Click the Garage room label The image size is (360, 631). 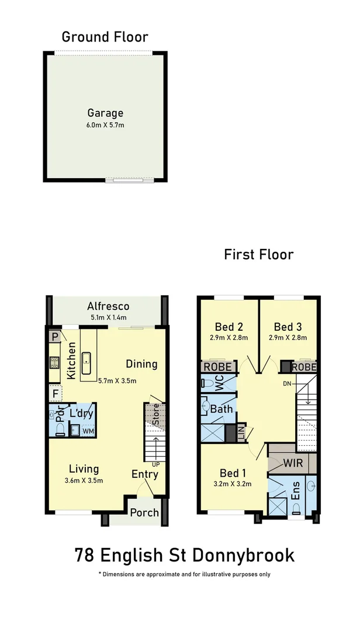pos(105,113)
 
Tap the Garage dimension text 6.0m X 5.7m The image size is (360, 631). pos(105,125)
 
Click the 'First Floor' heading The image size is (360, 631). pos(258,254)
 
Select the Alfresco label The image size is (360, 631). pos(108,306)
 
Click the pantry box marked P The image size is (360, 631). pos(55,337)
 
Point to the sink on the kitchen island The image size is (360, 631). pos(87,363)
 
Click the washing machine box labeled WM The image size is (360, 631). pos(88,431)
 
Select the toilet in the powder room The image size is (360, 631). pos(60,429)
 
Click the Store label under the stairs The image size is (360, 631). pos(155,414)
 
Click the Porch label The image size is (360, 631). pos(144,512)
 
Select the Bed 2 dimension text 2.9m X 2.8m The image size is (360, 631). pos(229,338)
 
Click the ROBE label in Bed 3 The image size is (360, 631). pos(304,367)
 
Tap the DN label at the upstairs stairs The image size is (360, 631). pos(287,384)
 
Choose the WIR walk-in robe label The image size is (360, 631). pos(292,463)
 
